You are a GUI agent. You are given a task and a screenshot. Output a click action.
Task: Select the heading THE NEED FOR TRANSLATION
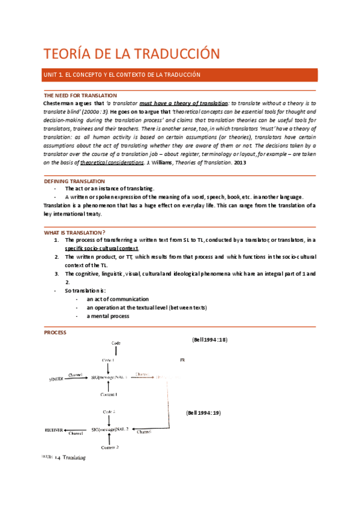(x=80, y=95)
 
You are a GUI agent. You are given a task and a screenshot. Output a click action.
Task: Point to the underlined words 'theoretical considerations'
(x=112, y=163)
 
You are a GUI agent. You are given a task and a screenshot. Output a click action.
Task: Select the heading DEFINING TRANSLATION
(x=75, y=181)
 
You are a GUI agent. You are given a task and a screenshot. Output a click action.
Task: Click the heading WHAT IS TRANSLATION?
(x=75, y=232)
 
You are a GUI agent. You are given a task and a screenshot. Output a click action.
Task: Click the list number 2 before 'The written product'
(x=56, y=257)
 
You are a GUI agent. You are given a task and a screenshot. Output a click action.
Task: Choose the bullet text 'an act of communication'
(x=118, y=299)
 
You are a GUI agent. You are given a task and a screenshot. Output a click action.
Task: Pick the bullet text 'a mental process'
(x=108, y=316)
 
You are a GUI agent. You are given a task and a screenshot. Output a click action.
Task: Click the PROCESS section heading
(x=55, y=333)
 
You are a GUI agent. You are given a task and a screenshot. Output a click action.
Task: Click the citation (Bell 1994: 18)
(x=209, y=340)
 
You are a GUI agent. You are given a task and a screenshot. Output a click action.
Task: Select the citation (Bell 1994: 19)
(x=205, y=414)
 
